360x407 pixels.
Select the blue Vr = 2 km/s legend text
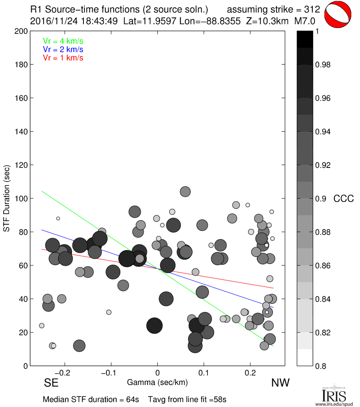[63, 50]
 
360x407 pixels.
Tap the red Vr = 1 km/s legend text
[63, 58]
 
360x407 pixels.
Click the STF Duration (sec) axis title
[7, 199]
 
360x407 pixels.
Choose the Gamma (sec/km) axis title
[157, 382]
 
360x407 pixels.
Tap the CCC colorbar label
[343, 199]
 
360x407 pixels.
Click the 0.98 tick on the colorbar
[323, 65]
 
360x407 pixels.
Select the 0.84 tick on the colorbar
[323, 299]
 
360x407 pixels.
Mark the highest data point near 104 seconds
[185, 191]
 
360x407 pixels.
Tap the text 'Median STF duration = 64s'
[91, 399]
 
